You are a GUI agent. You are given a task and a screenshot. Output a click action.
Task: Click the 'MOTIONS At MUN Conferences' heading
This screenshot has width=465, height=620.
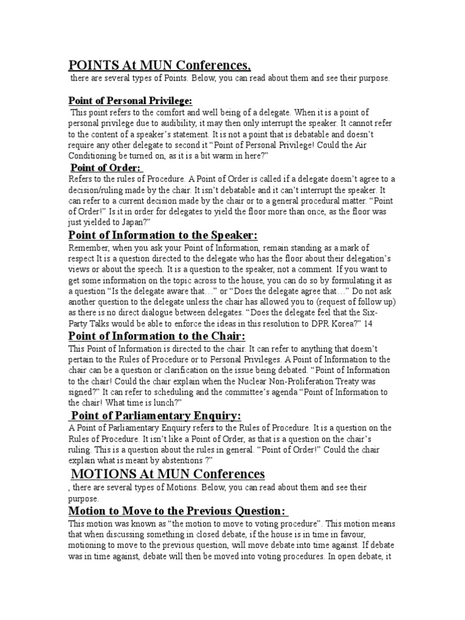pyautogui.click(x=168, y=473)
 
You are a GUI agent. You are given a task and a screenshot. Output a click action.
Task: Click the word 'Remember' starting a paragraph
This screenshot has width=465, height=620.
pyautogui.click(x=89, y=248)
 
